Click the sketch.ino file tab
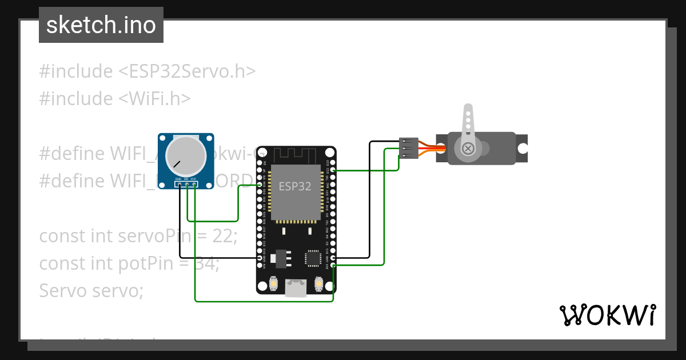click(x=101, y=25)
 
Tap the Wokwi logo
click(x=607, y=315)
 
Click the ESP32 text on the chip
click(x=295, y=186)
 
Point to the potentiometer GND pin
click(x=180, y=185)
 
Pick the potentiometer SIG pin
click(x=187, y=185)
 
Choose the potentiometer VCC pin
click(x=195, y=185)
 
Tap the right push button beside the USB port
click(x=318, y=283)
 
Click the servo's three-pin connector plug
click(x=408, y=148)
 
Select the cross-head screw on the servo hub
click(x=468, y=149)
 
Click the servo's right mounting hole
click(x=523, y=148)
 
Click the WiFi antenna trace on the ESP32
click(x=296, y=155)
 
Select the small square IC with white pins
click(x=313, y=258)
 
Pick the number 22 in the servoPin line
click(x=224, y=235)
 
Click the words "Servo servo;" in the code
click(x=91, y=290)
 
